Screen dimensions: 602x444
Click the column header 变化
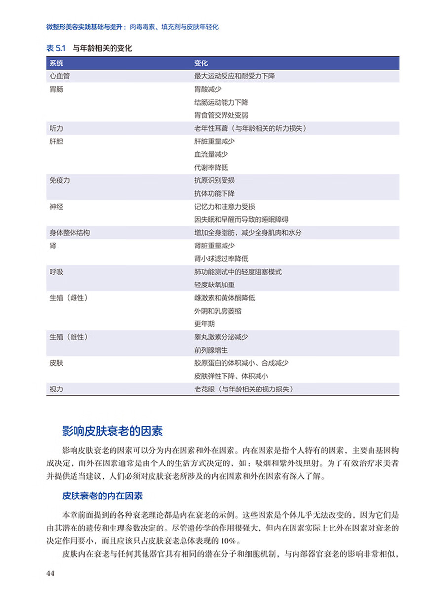(x=201, y=64)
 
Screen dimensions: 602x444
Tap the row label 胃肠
(x=56, y=89)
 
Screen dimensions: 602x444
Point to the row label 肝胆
(x=56, y=141)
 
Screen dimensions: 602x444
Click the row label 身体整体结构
(x=70, y=232)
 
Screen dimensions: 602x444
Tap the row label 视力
(x=56, y=389)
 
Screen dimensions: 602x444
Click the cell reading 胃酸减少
(x=208, y=89)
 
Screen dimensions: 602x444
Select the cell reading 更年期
(x=204, y=324)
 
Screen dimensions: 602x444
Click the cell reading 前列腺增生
(x=211, y=350)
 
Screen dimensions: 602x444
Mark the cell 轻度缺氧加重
(x=215, y=284)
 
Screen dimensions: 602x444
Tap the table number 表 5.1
(x=56, y=48)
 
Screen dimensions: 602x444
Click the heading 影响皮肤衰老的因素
(x=112, y=431)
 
